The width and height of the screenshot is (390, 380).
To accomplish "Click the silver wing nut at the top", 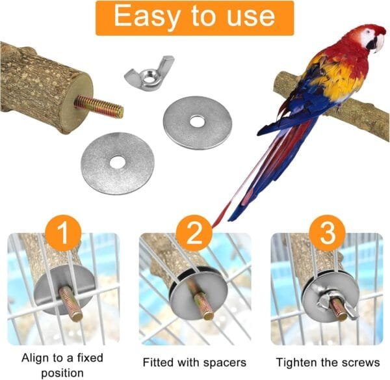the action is click(x=149, y=72).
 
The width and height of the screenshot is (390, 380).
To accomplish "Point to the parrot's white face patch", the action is click(x=369, y=38).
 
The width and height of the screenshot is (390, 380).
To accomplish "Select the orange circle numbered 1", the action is click(x=64, y=233).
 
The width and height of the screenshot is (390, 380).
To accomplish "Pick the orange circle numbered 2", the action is click(x=194, y=233).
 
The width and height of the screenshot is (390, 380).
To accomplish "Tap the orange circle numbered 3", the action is click(x=328, y=233).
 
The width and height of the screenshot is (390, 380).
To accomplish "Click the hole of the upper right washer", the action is click(x=197, y=121).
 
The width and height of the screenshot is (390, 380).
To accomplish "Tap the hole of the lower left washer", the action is click(x=118, y=163).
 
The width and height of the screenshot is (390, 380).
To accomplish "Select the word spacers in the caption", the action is click(x=225, y=362).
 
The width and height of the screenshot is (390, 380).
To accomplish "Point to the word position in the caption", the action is click(x=62, y=373).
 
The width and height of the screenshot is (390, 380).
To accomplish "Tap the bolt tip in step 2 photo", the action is click(x=208, y=315).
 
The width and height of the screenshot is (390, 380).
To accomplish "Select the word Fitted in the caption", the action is click(x=159, y=362).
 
